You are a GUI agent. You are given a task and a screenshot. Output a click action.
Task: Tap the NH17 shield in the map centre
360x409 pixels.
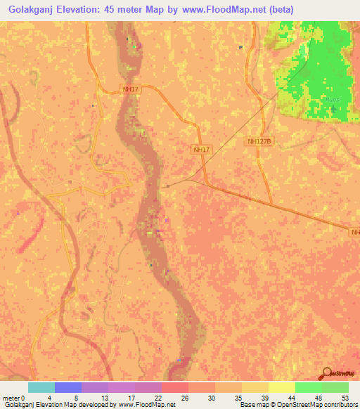pyautogui.click(x=201, y=150)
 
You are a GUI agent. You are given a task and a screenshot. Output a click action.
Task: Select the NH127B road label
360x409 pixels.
pyautogui.click(x=259, y=141)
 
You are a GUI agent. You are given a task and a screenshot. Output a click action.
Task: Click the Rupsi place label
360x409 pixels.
pyautogui.click(x=333, y=100)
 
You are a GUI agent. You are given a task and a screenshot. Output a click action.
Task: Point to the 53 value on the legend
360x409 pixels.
pyautogui.click(x=344, y=397)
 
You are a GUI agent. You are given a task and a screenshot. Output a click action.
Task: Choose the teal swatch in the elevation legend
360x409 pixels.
pyautogui.click(x=41, y=387)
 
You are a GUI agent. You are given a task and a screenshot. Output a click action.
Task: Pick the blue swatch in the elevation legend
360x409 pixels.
pyautogui.click(x=68, y=387)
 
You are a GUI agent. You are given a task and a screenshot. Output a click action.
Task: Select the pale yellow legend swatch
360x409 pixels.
pyautogui.click(x=282, y=387)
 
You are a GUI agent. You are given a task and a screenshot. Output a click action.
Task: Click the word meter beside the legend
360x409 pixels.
pyautogui.click(x=11, y=397)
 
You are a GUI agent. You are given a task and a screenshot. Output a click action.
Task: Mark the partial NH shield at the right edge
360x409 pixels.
pyautogui.click(x=355, y=231)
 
